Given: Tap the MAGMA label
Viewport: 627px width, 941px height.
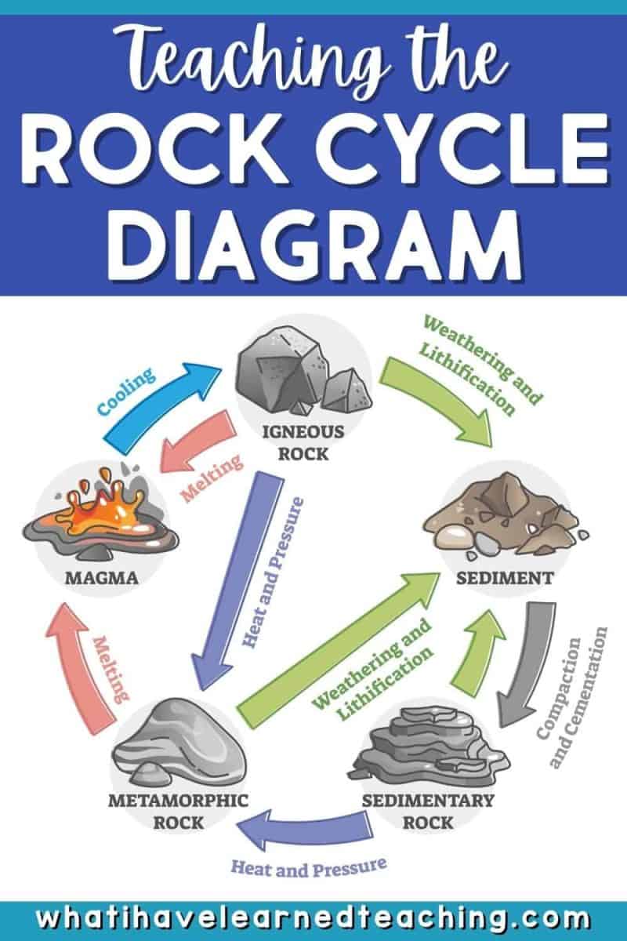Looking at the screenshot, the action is [102, 578].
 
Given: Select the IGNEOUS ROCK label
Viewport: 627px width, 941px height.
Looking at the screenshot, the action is [303, 443].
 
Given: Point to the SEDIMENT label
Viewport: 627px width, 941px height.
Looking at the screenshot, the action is [505, 579].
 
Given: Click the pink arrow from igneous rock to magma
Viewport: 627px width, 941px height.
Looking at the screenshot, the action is [198, 443].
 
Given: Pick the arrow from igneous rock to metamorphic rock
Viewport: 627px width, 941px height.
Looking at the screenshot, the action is [237, 582].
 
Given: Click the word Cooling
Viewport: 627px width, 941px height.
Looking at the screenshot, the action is [126, 391].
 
